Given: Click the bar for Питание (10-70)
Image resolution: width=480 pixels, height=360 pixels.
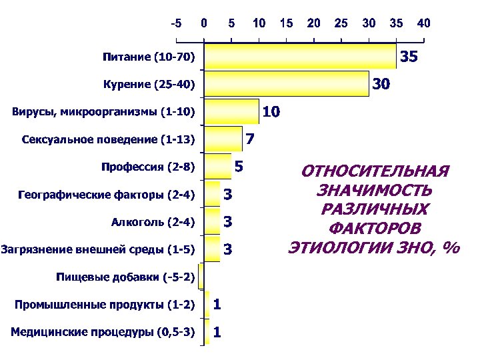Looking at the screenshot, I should [300, 57].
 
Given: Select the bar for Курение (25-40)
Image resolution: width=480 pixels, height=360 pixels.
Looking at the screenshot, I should [287, 84].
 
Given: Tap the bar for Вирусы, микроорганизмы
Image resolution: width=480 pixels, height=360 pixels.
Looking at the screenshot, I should [231, 112].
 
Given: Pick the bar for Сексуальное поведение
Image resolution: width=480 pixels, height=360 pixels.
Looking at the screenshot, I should [223, 139].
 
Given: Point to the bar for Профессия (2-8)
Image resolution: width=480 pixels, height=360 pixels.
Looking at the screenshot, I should [217, 167].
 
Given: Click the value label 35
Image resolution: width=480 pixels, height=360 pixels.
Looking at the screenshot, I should [408, 58].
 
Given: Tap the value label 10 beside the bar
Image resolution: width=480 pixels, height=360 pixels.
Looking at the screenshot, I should [271, 113].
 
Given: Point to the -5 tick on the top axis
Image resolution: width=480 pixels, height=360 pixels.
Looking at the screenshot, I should [175, 23].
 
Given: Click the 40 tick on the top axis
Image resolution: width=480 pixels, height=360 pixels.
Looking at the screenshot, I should [423, 23].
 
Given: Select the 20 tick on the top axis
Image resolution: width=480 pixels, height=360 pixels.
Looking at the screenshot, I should [313, 23].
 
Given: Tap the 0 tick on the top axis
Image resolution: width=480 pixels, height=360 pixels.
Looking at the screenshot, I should [204, 23].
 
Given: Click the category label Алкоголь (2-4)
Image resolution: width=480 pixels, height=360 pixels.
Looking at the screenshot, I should [153, 222].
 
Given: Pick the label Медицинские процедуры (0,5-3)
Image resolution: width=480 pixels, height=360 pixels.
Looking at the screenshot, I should [103, 331].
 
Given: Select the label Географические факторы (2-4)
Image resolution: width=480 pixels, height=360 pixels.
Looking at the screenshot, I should [107, 195].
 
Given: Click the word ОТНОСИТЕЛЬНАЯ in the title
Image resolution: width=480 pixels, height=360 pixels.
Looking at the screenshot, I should [375, 171].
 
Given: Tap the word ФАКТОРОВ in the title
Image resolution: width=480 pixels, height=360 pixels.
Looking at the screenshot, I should [375, 228].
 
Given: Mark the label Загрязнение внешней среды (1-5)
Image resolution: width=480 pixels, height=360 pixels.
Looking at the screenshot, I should [99, 249].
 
